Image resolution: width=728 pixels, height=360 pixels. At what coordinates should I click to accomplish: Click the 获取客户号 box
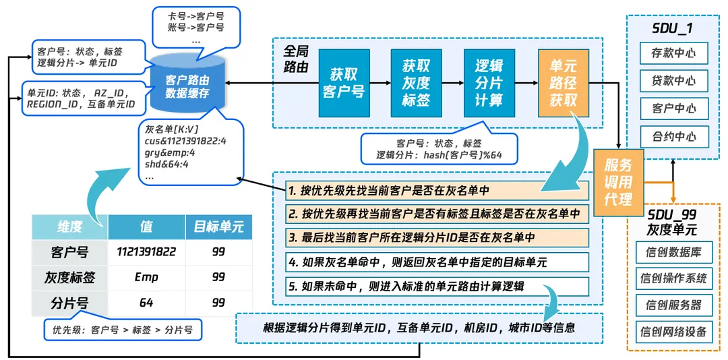[344, 83]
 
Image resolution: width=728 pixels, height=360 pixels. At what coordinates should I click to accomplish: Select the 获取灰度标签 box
[416, 83]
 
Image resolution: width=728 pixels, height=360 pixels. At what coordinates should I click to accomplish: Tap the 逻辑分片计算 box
[489, 83]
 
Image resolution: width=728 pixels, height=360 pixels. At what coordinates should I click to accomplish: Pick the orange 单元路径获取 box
[563, 83]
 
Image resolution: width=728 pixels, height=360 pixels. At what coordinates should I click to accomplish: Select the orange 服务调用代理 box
[618, 182]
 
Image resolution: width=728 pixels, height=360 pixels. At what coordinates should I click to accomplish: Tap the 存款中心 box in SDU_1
[673, 53]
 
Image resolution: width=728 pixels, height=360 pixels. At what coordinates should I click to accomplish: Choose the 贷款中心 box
[673, 81]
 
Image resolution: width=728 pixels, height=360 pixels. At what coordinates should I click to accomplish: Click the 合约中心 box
[673, 136]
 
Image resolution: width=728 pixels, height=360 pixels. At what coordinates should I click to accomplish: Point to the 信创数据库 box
[673, 252]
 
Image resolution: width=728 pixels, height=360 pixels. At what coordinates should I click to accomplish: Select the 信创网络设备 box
[673, 331]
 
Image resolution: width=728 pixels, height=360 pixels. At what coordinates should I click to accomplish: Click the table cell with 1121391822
[146, 252]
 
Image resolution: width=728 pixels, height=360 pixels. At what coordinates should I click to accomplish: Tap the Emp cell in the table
[146, 277]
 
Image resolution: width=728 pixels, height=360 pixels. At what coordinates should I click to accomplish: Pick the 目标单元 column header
[218, 227]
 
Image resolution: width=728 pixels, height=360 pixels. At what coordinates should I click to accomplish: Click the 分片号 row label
[70, 303]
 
